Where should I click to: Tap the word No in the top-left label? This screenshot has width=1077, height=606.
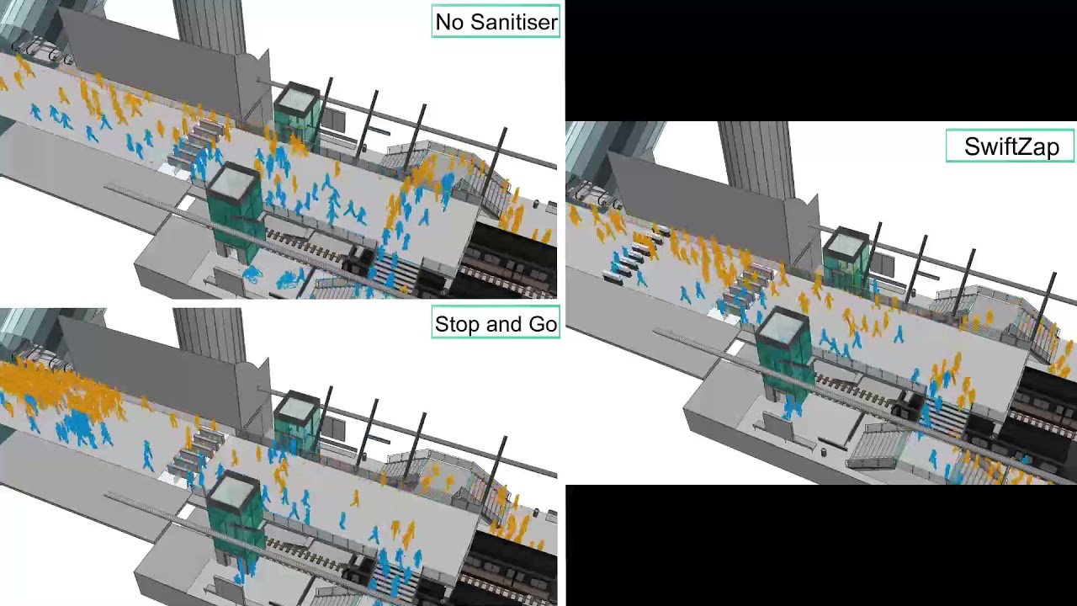pos(448,22)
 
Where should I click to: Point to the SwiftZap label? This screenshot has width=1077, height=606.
pos(1011,146)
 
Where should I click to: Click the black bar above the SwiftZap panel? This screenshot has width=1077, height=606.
pos(820,59)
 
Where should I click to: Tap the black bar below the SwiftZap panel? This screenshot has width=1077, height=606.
pos(820,545)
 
